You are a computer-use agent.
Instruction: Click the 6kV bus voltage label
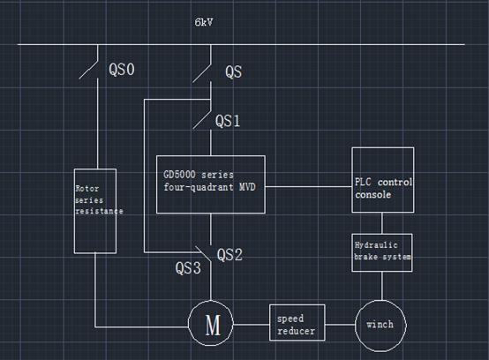click(204, 22)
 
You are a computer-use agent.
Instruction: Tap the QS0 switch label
click(122, 69)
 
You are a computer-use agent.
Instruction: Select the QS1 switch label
click(228, 121)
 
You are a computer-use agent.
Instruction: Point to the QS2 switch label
click(229, 255)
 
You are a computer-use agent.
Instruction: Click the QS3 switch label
click(188, 267)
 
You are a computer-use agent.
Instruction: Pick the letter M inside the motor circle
click(213, 325)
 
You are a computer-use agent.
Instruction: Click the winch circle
click(380, 301)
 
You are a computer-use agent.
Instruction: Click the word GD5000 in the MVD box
click(180, 175)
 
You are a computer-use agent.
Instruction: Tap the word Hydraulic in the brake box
click(376, 245)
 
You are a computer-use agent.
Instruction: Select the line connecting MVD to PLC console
click(309, 187)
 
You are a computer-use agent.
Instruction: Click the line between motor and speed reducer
click(252, 325)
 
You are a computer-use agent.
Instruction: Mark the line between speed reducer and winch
click(340, 325)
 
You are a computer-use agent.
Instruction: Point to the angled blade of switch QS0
click(88, 69)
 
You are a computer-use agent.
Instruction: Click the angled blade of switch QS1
click(202, 120)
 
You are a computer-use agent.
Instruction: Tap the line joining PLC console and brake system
click(382, 223)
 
